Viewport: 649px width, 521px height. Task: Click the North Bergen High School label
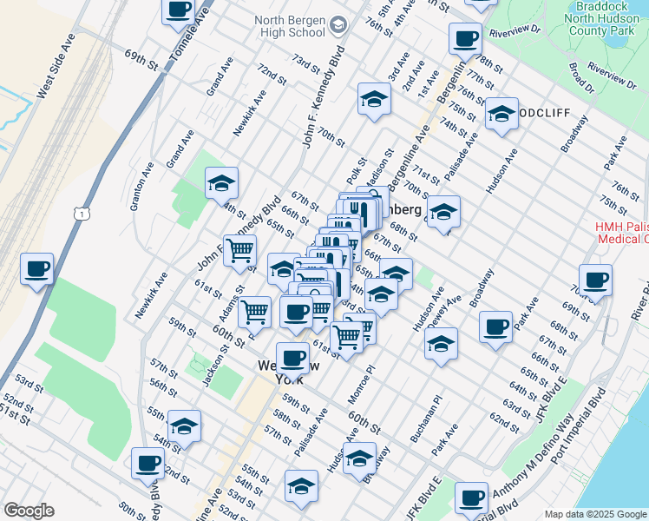(x=290, y=27)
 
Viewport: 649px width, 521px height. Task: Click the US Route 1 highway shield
(x=81, y=213)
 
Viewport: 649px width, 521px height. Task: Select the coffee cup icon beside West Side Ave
(x=36, y=269)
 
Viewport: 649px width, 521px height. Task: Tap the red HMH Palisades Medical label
(x=621, y=233)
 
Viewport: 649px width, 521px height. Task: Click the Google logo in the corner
(x=29, y=511)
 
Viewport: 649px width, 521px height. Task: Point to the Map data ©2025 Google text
(x=594, y=514)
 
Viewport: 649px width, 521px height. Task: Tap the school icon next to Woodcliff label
(x=501, y=114)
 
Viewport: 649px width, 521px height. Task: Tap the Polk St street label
(x=357, y=165)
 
